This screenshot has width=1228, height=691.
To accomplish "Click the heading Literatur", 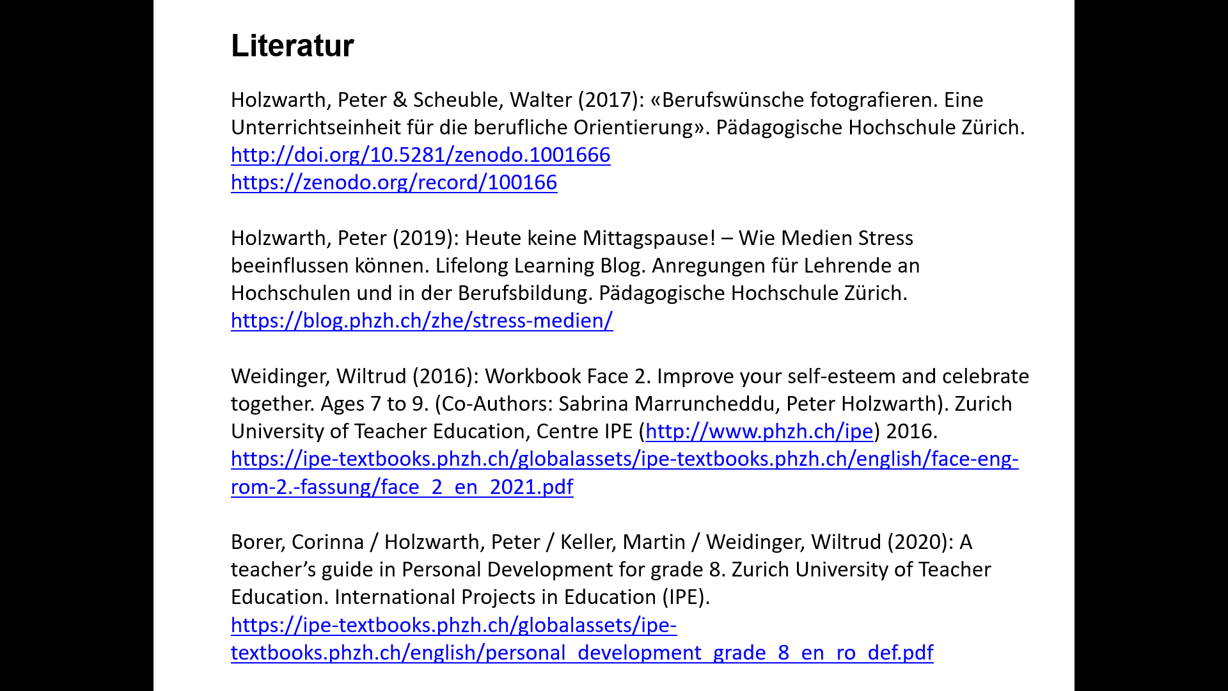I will (292, 46).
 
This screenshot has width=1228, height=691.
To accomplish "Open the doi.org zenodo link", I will (420, 155).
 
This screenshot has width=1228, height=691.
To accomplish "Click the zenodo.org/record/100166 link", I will (394, 182).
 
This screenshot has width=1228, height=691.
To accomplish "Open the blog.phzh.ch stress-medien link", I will (421, 321).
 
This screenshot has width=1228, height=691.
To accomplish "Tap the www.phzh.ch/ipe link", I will (759, 431).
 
